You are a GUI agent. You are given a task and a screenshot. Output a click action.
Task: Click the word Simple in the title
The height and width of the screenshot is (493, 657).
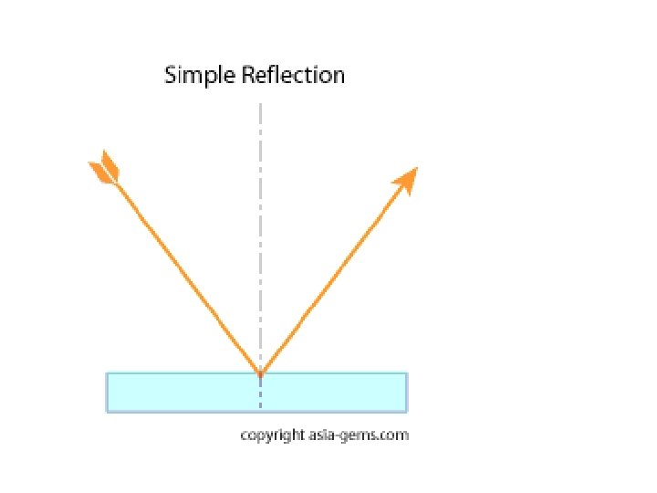pos(200,76)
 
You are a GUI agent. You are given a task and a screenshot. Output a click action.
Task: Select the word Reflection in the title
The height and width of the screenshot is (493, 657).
pos(293,75)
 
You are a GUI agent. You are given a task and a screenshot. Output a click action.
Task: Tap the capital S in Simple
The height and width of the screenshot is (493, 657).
pos(170,75)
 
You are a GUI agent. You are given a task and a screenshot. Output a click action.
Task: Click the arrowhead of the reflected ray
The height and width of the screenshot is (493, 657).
pos(406,180)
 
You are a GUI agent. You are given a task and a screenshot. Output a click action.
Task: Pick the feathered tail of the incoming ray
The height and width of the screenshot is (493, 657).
pos(104,168)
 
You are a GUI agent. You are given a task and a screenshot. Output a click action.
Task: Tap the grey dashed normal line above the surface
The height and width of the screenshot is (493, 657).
pos(261,236)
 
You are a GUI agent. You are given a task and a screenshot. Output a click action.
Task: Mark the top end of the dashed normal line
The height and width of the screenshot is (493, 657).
pos(261,103)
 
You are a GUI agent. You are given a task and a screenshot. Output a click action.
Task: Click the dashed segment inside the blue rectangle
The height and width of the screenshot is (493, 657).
pos(261,392)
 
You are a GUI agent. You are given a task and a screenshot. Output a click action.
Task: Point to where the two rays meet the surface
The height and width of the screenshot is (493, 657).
pos(261,374)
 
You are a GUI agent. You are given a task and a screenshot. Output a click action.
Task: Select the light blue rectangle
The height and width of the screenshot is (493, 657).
pos(256,393)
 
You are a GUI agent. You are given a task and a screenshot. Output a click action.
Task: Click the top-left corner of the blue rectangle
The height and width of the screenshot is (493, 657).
pos(107,372)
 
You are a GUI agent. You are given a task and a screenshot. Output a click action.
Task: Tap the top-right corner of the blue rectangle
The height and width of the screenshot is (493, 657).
pos(407,372)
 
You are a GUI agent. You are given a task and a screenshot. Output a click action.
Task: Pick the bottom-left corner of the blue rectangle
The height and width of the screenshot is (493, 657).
pos(107,413)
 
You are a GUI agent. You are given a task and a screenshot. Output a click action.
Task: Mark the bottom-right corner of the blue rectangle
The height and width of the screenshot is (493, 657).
pos(407,413)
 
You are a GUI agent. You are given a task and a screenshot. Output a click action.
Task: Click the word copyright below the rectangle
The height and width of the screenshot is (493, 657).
pos(273,435)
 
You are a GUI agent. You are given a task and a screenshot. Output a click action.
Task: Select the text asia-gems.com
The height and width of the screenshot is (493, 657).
pos(359,435)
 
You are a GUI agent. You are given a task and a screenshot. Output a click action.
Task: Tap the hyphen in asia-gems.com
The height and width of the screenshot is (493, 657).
pos(335,436)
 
